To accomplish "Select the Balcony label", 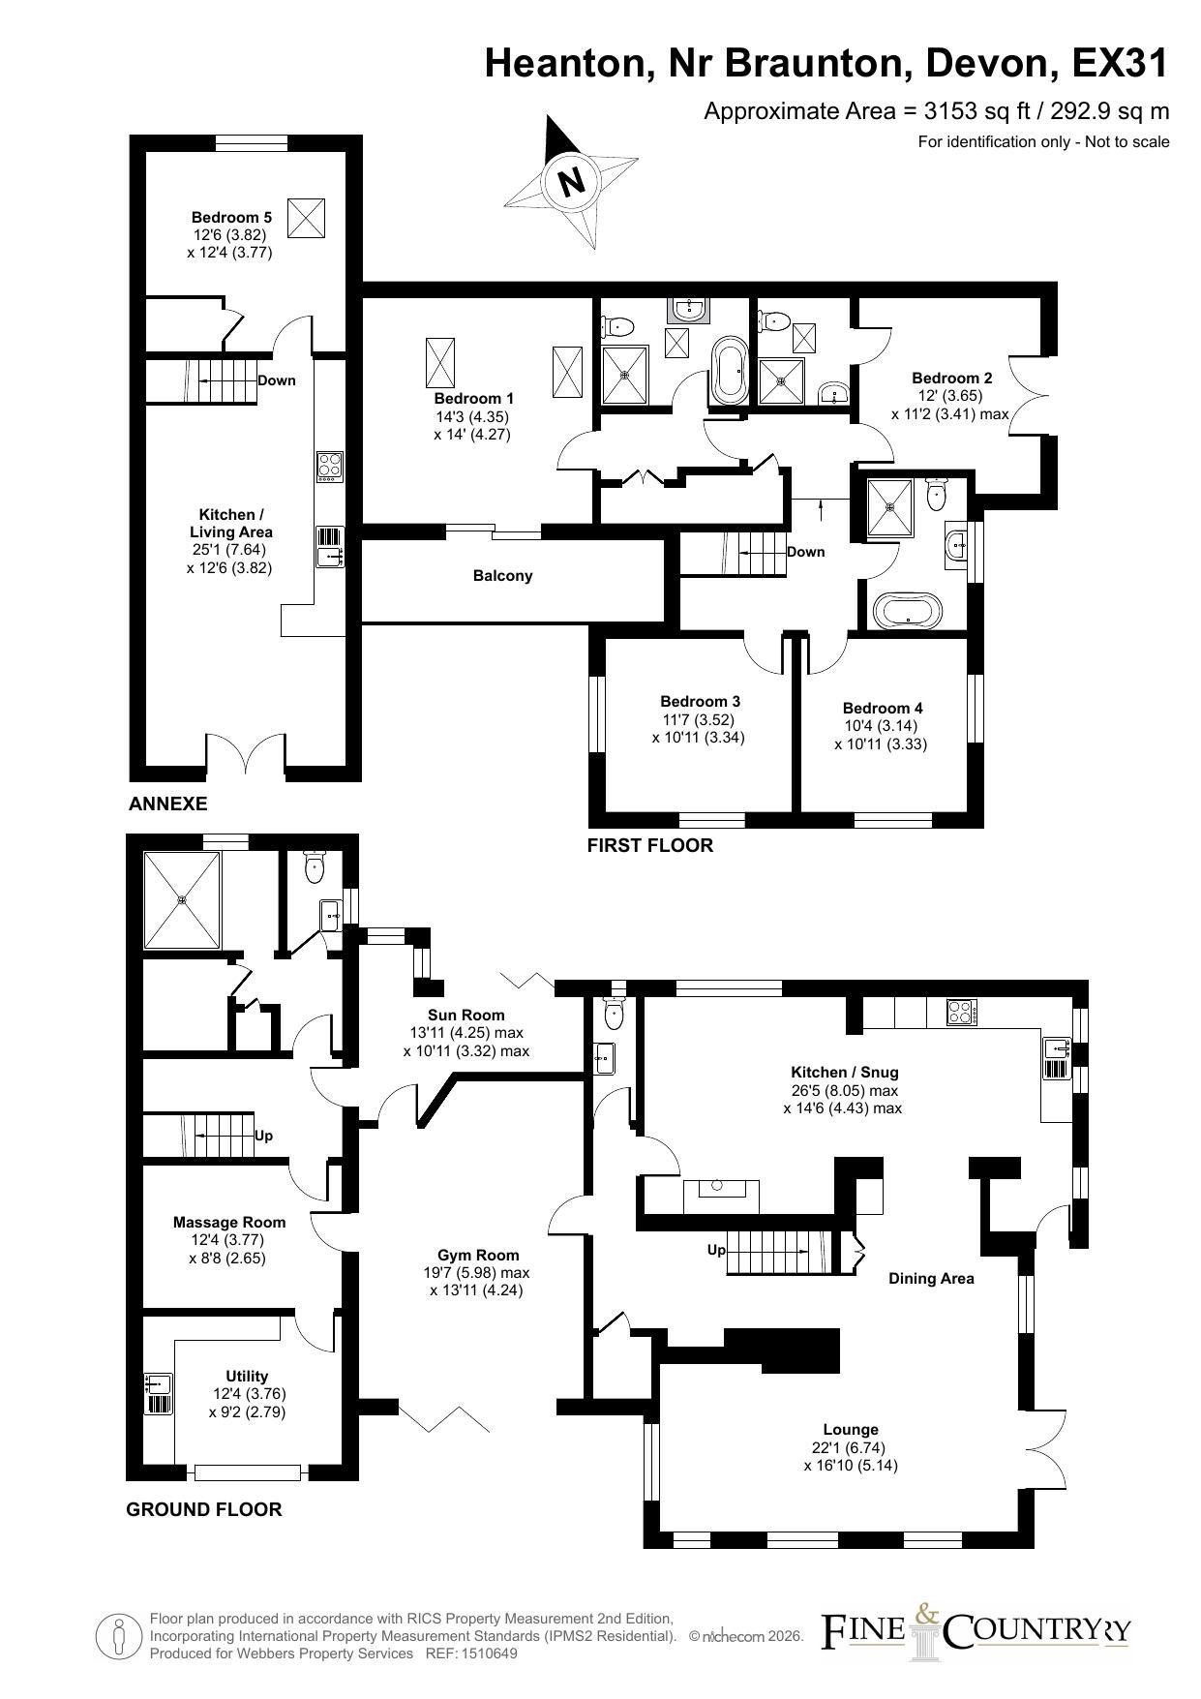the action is pos(503,576).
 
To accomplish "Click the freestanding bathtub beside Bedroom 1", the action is pos(728,372).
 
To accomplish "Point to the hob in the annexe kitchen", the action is pos(330,467).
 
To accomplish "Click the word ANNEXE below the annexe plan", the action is pos(168,804).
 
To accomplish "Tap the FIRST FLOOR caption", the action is pos(650,845).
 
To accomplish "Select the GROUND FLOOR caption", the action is pos(204,1509).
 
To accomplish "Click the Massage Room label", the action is pos(229,1222).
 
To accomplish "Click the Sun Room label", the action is pos(466,1015).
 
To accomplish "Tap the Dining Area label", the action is pos(931,1278).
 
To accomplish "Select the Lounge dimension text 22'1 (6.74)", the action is pos(851,1447).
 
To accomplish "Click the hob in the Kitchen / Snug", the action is pos(961,1013).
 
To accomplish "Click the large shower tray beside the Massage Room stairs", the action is pos(182,899).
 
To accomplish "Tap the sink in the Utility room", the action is pos(158,1394).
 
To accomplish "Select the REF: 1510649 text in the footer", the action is pos(471,1653).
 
